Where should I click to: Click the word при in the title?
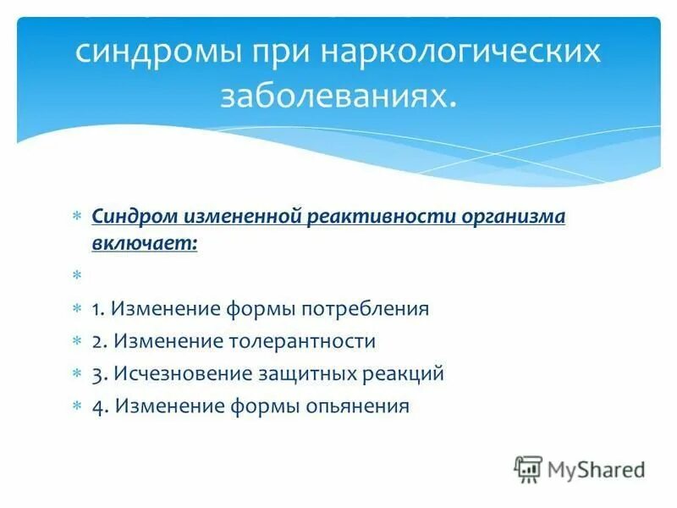[x=278, y=53]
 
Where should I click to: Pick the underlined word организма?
[x=513, y=218]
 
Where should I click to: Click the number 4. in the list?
[x=102, y=406]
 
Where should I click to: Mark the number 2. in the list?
[x=101, y=341]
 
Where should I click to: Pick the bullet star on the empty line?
[x=76, y=276]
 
